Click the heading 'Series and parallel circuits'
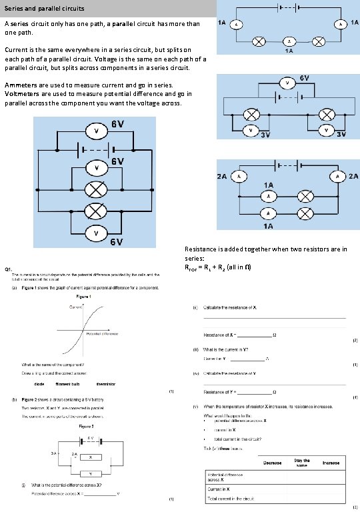click(46, 9)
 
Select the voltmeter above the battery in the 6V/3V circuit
click(287, 83)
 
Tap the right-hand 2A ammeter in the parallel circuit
click(337, 176)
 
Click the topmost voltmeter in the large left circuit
click(97, 131)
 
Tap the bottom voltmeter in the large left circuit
click(97, 234)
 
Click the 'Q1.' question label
click(9, 269)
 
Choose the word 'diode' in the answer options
click(39, 384)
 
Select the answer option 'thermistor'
click(106, 384)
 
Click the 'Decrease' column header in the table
click(272, 463)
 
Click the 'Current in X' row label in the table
click(221, 489)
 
